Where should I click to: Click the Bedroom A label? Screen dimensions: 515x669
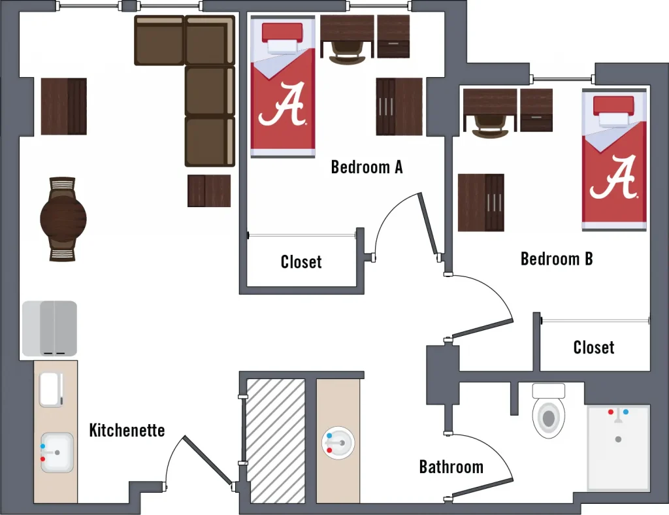click(367, 167)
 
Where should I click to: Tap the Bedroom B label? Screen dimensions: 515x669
click(557, 259)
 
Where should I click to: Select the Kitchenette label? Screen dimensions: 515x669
click(127, 430)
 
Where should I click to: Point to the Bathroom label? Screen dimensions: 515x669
click(451, 467)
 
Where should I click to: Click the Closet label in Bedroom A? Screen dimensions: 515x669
click(301, 262)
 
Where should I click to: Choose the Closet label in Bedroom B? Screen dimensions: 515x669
click(593, 347)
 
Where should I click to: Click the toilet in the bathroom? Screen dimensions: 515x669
click(548, 413)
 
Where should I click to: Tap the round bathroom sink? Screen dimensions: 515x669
click(338, 443)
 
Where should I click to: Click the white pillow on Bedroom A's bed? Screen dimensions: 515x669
click(282, 45)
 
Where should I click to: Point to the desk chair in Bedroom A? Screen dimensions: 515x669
click(347, 52)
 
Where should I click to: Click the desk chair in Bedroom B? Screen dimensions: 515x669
click(489, 125)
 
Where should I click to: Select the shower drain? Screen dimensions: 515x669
click(618, 439)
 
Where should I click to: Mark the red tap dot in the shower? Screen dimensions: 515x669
click(611, 412)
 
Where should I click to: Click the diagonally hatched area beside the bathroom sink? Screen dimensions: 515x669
click(275, 440)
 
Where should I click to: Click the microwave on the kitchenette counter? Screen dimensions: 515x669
click(50, 389)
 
